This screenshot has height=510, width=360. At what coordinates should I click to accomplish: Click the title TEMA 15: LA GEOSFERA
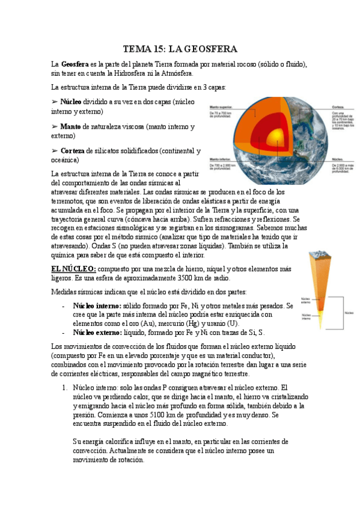coord(180,48)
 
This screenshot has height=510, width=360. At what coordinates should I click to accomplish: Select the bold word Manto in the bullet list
coord(71,127)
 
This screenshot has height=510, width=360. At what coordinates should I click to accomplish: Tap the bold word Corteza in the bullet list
coord(74,151)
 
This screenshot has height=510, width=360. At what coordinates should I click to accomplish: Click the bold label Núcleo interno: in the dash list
coord(97,306)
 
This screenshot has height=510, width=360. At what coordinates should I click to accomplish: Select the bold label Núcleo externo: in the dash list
coord(97,332)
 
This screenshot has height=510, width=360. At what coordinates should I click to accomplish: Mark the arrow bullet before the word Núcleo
coord(55,102)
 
